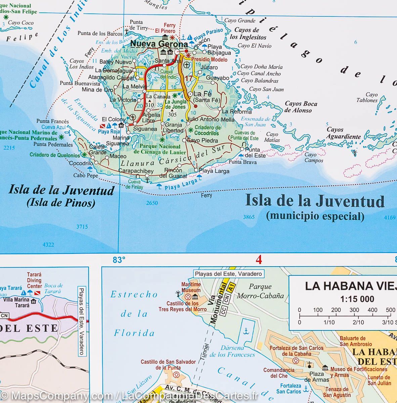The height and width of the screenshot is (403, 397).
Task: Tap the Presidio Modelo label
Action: (x=209, y=59)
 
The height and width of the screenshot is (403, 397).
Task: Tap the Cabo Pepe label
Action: (x=86, y=175)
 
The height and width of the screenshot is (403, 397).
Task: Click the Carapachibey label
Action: (x=136, y=171)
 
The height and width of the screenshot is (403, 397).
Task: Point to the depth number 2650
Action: (x=152, y=203)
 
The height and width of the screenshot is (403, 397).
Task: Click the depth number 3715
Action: (x=82, y=227)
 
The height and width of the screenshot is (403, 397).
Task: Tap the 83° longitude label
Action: (x=119, y=260)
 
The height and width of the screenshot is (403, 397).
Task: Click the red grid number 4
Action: (x=258, y=260)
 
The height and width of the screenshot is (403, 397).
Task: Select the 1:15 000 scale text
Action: (x=357, y=299)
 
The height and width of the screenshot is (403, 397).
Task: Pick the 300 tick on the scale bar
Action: (x=354, y=310)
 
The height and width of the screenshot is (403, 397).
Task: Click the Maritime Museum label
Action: (x=191, y=287)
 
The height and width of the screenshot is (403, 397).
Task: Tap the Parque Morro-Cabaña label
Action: (x=260, y=291)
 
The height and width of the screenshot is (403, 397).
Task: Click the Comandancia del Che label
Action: (x=279, y=373)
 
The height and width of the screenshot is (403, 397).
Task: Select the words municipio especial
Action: (x=315, y=216)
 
